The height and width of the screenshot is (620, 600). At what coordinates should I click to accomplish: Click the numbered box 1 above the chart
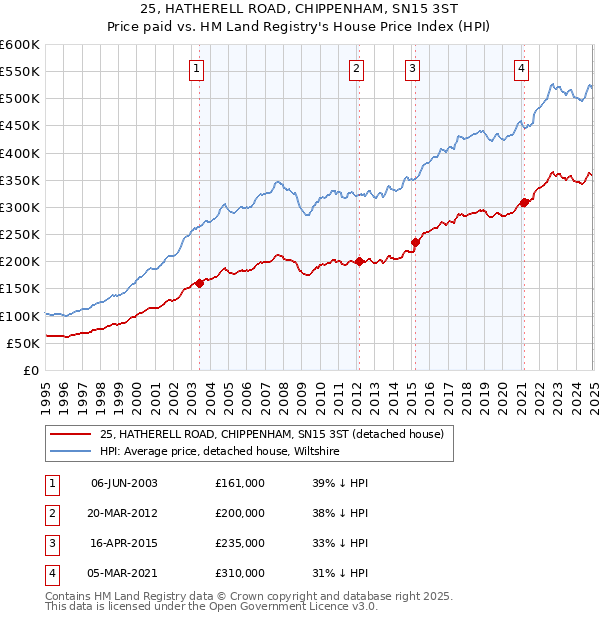[x=196, y=69]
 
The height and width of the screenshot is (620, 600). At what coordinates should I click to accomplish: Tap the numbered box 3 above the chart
[x=413, y=69]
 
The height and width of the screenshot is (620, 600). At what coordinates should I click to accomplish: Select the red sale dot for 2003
[x=199, y=283]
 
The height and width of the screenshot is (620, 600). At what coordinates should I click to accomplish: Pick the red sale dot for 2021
[x=523, y=203]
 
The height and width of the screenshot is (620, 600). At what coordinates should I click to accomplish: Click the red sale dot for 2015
[x=415, y=242]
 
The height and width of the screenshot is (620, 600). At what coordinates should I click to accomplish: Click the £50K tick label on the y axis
[x=23, y=343]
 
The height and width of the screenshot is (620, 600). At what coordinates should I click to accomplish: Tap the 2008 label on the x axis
[x=284, y=389]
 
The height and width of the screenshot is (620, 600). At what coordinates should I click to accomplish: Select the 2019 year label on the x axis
[x=485, y=389]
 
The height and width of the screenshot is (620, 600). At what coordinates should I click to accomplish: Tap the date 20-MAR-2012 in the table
[x=124, y=513]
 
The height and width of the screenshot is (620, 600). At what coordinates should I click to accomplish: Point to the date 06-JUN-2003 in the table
[x=124, y=483]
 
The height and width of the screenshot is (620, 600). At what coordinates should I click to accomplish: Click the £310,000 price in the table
[x=240, y=573]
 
